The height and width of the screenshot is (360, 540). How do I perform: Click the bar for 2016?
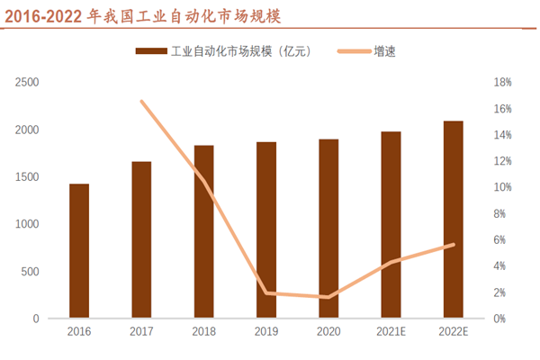(79, 251)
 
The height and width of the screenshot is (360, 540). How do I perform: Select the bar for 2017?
(141, 240)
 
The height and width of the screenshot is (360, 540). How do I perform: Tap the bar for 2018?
(203, 232)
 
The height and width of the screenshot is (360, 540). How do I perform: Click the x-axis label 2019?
(265, 332)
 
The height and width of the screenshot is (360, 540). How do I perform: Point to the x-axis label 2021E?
(391, 332)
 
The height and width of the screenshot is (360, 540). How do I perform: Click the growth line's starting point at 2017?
(141, 101)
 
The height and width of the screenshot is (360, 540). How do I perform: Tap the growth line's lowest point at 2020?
(328, 297)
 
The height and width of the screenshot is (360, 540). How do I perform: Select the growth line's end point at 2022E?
(453, 245)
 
